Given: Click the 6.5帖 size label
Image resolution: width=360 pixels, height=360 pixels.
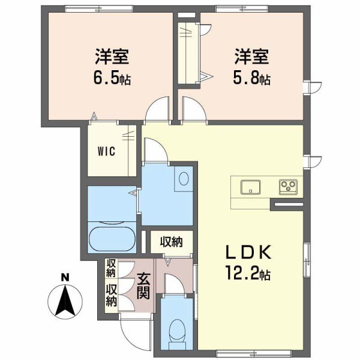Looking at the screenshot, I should click(112, 79).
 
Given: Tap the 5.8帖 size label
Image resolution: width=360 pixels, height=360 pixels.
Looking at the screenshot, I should click(251, 79).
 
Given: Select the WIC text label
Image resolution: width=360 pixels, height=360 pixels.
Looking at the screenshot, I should click(107, 150).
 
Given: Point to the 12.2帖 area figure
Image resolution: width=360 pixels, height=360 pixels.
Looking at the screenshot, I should click(249, 275).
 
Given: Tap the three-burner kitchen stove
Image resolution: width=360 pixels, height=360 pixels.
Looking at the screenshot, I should click(287, 187).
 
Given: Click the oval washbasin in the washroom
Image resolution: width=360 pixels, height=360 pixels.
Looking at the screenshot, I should click(184, 178).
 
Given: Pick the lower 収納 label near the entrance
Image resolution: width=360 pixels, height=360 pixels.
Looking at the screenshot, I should click(112, 296).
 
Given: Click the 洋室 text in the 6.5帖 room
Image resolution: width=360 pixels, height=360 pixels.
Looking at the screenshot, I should click(112, 59).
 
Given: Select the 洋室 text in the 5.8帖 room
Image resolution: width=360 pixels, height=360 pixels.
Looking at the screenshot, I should click(251, 59).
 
